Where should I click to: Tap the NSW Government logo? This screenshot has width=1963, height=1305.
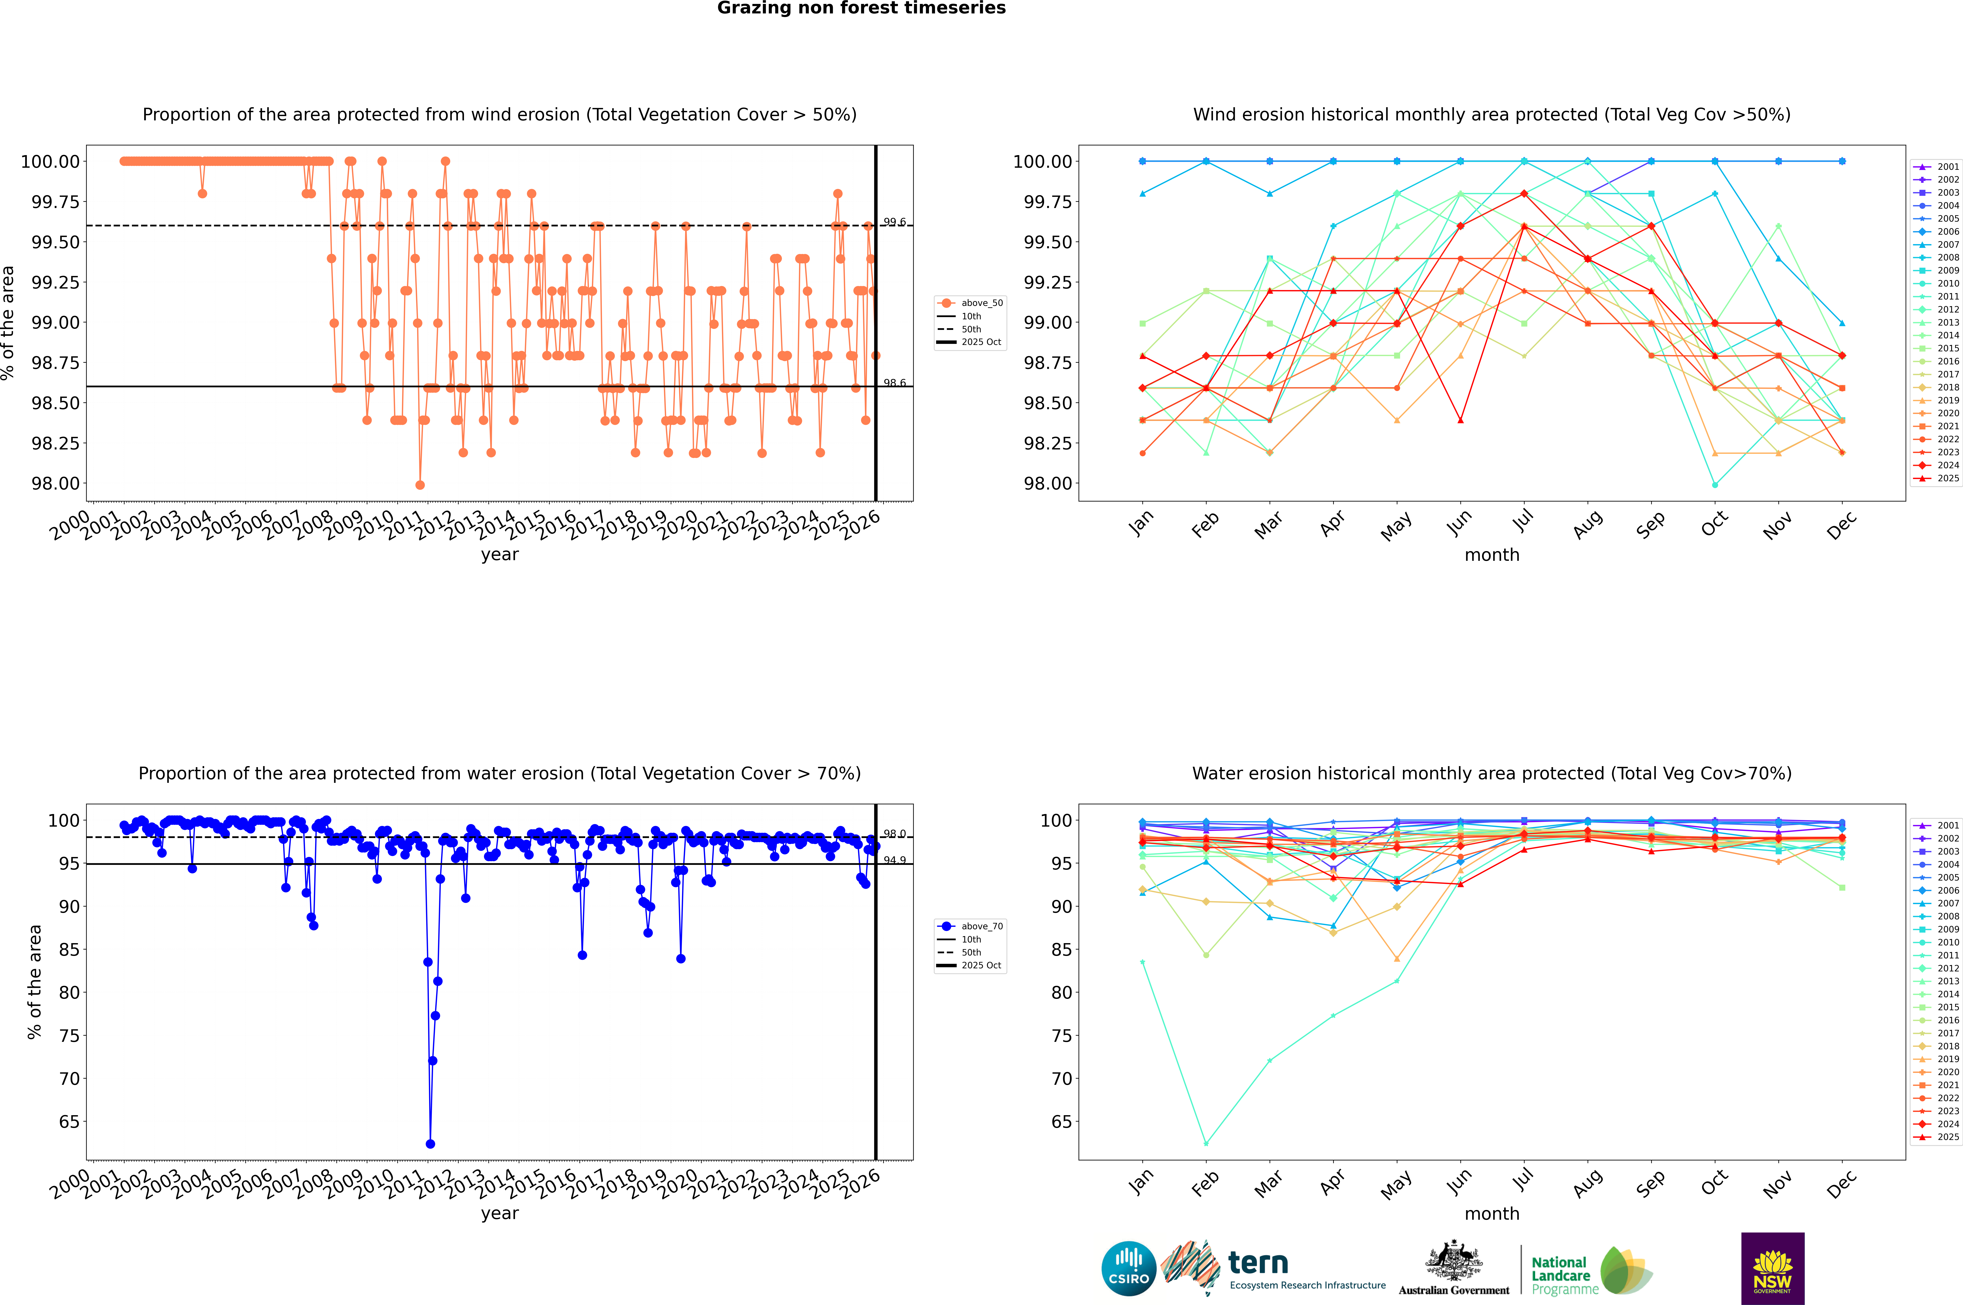(x=1772, y=1268)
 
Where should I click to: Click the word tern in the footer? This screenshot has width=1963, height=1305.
(x=1258, y=1263)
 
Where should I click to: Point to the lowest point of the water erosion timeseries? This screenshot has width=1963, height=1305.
(x=430, y=1143)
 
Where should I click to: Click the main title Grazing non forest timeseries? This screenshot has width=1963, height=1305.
(x=861, y=8)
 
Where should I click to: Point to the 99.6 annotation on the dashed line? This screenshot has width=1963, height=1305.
(x=895, y=222)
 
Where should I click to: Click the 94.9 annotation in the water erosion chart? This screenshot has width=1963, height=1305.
(x=895, y=860)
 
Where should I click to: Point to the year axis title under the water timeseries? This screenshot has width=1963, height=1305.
(x=499, y=1213)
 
